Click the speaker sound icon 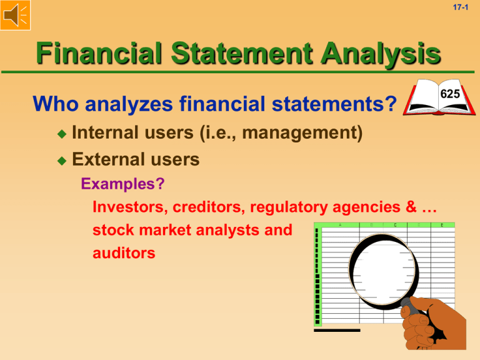point(16,16)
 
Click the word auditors point(122,254)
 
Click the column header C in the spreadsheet point(394,226)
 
